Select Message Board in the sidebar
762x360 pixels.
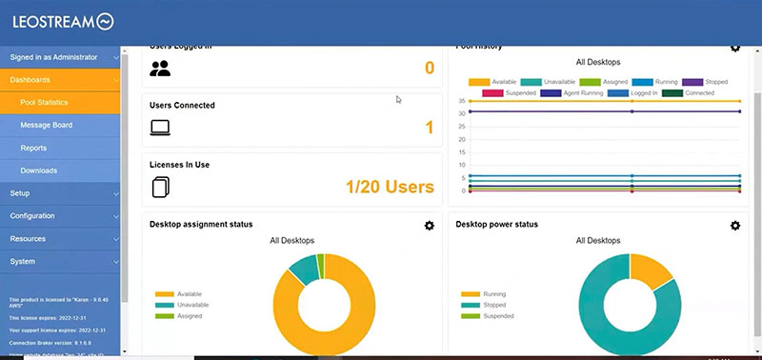tap(46, 126)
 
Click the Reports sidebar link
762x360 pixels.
tap(33, 149)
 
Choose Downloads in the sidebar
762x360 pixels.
tap(39, 171)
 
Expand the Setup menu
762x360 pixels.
tap(21, 193)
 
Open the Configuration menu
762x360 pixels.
tap(32, 216)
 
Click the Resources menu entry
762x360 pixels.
tap(28, 239)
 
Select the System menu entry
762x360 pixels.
tap(23, 262)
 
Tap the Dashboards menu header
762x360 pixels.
tap(30, 80)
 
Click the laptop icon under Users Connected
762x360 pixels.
tap(160, 127)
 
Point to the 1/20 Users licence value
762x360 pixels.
tap(376, 187)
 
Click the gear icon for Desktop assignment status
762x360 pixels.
tap(430, 225)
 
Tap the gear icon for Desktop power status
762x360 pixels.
tap(734, 225)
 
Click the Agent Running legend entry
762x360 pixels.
tap(577, 93)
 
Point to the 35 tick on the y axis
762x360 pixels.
tap(461, 100)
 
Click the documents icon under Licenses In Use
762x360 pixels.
tap(160, 187)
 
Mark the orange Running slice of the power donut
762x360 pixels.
tap(647, 272)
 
